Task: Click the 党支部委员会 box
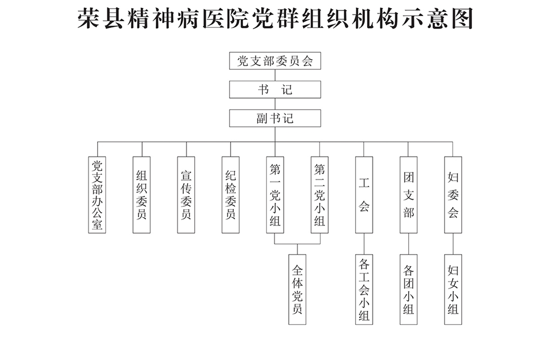(275, 61)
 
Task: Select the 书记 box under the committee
(275, 89)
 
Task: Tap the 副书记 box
(275, 118)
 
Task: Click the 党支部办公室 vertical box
(97, 195)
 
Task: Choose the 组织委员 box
(141, 195)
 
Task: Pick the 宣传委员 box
(186, 195)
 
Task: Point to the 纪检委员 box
(231, 195)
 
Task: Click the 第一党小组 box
(275, 195)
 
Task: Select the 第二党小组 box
(319, 195)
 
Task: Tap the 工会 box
(364, 195)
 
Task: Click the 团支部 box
(409, 195)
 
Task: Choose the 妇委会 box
(453, 195)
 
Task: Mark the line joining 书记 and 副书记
(275, 103)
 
